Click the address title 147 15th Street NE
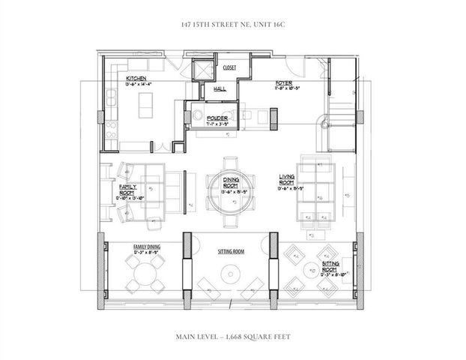coord(233,25)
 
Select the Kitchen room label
coord(136,78)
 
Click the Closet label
coord(229,67)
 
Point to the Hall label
coord(220,89)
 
